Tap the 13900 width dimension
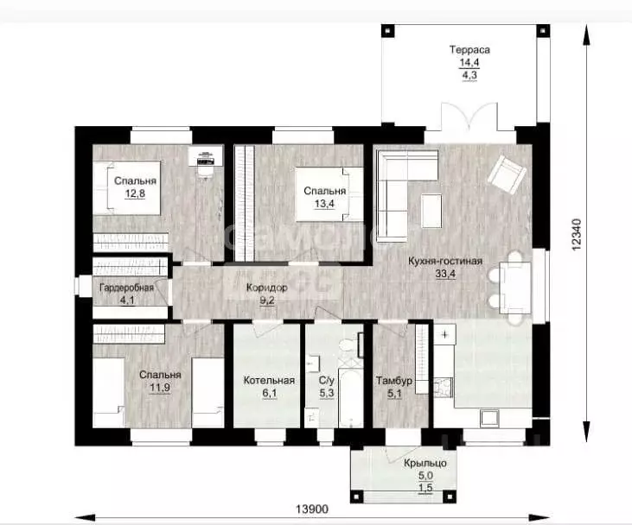[311, 510]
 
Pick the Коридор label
[265, 288]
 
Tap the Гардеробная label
[126, 288]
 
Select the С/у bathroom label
[327, 381]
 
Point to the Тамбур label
[395, 381]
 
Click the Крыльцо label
[421, 463]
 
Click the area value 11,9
[160, 389]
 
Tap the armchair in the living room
[503, 175]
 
